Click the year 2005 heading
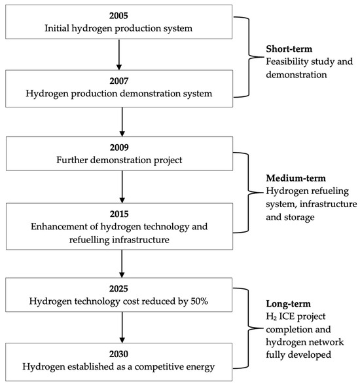click(x=118, y=16)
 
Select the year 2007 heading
click(x=119, y=81)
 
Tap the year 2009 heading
click(x=119, y=147)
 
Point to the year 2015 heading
click(x=119, y=214)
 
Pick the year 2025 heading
click(x=118, y=288)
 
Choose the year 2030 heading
click(x=118, y=354)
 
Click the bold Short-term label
click(x=289, y=49)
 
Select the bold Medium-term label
click(x=296, y=178)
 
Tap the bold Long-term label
click(x=288, y=304)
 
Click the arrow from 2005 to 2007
click(x=119, y=54)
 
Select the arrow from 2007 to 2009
click(x=122, y=122)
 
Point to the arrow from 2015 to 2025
click(x=122, y=264)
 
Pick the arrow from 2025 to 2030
click(x=122, y=328)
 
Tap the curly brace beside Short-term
click(x=249, y=57)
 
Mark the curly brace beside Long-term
click(x=248, y=328)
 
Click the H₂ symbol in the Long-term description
click(x=272, y=317)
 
